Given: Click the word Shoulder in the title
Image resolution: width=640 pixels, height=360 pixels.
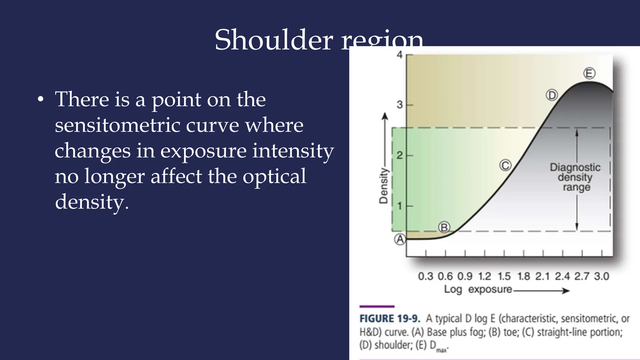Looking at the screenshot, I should tap(274, 40).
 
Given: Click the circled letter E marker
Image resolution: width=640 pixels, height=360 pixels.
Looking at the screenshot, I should tap(589, 73).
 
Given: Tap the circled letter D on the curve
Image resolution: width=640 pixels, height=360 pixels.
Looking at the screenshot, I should tap(552, 95).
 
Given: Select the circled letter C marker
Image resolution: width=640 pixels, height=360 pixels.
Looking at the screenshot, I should tap(505, 165).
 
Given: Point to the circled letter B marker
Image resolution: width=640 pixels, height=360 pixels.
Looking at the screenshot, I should tap(444, 227).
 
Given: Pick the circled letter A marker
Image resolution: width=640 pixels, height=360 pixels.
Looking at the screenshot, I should tap(400, 240).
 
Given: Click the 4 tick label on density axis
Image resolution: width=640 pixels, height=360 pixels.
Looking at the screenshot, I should tap(400, 55).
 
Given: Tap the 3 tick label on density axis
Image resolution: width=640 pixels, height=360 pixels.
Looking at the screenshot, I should tap(400, 105).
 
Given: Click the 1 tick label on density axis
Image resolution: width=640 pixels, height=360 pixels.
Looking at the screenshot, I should tap(400, 206).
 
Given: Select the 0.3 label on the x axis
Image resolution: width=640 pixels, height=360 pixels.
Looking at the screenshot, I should tap(426, 276).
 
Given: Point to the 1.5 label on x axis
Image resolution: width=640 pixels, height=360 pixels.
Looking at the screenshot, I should tap(504, 276).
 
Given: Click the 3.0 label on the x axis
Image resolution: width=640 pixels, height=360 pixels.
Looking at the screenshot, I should tap(602, 276).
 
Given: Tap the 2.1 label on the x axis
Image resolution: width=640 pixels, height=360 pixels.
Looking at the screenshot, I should tap(542, 276).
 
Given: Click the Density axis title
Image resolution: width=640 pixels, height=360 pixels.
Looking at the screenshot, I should tap(383, 186).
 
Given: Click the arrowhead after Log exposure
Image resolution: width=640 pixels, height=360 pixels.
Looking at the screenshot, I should tap(566, 291).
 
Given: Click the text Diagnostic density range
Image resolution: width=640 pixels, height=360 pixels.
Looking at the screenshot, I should tap(575, 177).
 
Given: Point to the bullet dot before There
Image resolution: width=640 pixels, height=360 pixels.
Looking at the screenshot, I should tap(40, 100).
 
